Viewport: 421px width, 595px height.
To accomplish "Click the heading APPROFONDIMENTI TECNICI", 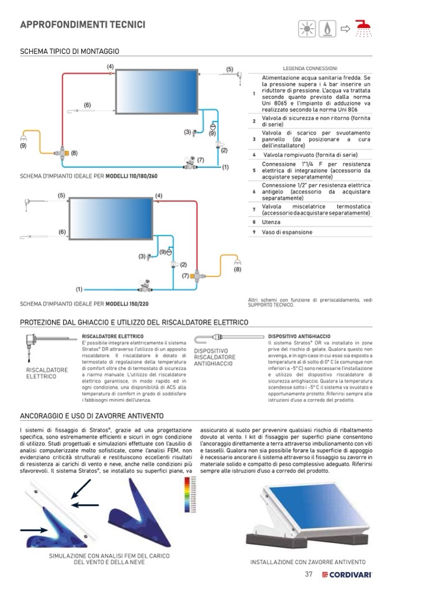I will [83, 25].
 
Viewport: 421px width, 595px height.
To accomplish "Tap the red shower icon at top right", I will [363, 29].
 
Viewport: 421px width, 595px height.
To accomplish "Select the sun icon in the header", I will [307, 29].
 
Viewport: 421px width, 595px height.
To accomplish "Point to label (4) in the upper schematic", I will [110, 66].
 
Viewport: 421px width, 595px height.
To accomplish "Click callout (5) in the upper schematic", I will [229, 69].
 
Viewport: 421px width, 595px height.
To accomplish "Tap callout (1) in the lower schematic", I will [79, 289].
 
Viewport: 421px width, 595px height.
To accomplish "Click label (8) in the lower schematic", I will [237, 269].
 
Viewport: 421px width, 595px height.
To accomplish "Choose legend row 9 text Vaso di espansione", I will [287, 232].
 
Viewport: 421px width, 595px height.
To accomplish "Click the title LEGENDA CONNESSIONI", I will [310, 68].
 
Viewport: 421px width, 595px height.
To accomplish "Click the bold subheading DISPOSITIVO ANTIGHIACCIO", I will [299, 336].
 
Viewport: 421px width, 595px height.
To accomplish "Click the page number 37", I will [309, 574].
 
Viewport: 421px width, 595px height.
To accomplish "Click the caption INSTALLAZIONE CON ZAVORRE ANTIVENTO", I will [307, 561].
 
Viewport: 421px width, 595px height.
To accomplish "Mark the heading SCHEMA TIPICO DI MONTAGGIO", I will [70, 51].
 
